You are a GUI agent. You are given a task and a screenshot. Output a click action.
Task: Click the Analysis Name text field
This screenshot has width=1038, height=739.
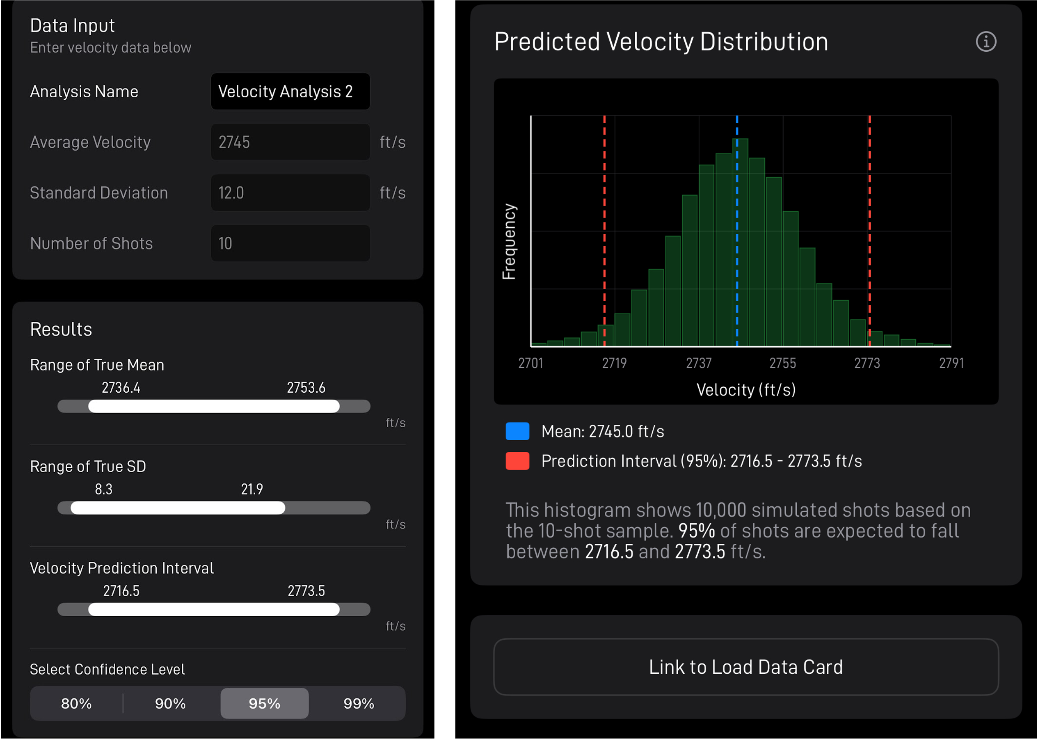[290, 92]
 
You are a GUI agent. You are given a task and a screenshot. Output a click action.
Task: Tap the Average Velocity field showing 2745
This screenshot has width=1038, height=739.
[290, 142]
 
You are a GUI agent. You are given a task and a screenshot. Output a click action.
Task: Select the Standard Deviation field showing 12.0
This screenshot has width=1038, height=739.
[290, 192]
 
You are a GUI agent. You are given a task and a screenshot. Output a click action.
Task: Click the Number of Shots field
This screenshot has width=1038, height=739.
[290, 243]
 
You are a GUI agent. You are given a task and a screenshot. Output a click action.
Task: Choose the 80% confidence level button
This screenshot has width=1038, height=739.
[76, 703]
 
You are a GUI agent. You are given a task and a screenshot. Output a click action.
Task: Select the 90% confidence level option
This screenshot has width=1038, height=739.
[170, 703]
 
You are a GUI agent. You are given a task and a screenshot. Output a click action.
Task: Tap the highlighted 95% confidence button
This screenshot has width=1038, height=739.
[264, 703]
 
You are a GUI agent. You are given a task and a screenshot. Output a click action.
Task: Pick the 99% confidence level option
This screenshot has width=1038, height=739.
[359, 703]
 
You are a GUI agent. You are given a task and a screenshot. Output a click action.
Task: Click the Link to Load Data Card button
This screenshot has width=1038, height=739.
[746, 667]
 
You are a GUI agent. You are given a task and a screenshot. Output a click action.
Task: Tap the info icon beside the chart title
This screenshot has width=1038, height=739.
[986, 42]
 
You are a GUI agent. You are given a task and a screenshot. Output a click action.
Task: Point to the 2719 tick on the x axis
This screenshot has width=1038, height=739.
[615, 363]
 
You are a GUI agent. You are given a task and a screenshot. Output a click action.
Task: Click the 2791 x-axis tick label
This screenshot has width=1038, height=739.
[951, 363]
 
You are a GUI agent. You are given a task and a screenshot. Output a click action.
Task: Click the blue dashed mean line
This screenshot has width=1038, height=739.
[737, 227]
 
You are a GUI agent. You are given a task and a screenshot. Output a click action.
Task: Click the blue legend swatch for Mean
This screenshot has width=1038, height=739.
[517, 431]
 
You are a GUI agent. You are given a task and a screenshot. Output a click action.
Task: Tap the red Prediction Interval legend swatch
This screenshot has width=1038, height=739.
[517, 461]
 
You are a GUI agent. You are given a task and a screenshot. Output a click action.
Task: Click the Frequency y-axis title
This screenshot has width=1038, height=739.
[509, 241]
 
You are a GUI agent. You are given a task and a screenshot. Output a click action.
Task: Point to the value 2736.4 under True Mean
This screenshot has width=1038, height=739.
[121, 388]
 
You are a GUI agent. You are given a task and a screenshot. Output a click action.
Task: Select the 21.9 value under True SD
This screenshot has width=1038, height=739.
[252, 489]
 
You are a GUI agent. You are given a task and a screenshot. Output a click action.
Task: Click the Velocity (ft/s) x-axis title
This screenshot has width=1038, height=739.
[746, 390]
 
